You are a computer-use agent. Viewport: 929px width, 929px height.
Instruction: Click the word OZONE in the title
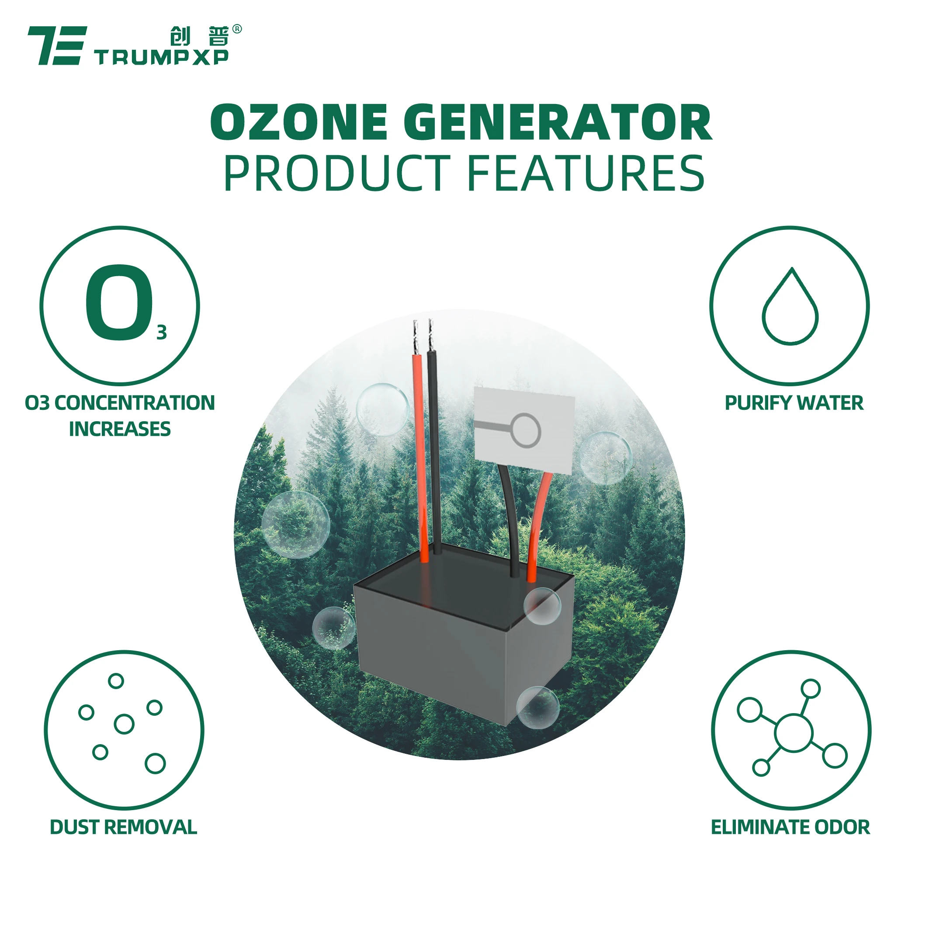click(x=298, y=123)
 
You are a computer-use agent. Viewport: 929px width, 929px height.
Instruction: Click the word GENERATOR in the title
click(x=557, y=123)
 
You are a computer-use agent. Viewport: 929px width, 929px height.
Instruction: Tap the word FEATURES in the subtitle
click(x=586, y=173)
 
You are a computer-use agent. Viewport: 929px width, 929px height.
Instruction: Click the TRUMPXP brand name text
click(x=162, y=58)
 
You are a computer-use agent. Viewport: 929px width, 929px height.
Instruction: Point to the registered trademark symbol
click(x=237, y=29)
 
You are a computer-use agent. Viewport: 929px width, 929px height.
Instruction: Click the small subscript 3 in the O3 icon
click(x=162, y=333)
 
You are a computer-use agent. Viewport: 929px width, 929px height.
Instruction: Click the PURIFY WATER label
click(x=794, y=403)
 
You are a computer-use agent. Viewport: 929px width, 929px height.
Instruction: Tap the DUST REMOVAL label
click(x=124, y=827)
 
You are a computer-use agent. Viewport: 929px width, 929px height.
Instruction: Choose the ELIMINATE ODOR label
click(x=790, y=827)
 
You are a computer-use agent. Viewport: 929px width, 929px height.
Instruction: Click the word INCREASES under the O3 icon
click(x=120, y=429)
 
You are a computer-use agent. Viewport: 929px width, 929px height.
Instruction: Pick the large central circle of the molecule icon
click(x=794, y=733)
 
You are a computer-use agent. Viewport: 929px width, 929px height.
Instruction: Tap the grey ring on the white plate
click(x=526, y=429)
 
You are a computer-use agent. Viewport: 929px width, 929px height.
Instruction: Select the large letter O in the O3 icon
click(x=119, y=303)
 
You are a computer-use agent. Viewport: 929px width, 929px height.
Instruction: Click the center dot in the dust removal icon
click(x=124, y=724)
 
